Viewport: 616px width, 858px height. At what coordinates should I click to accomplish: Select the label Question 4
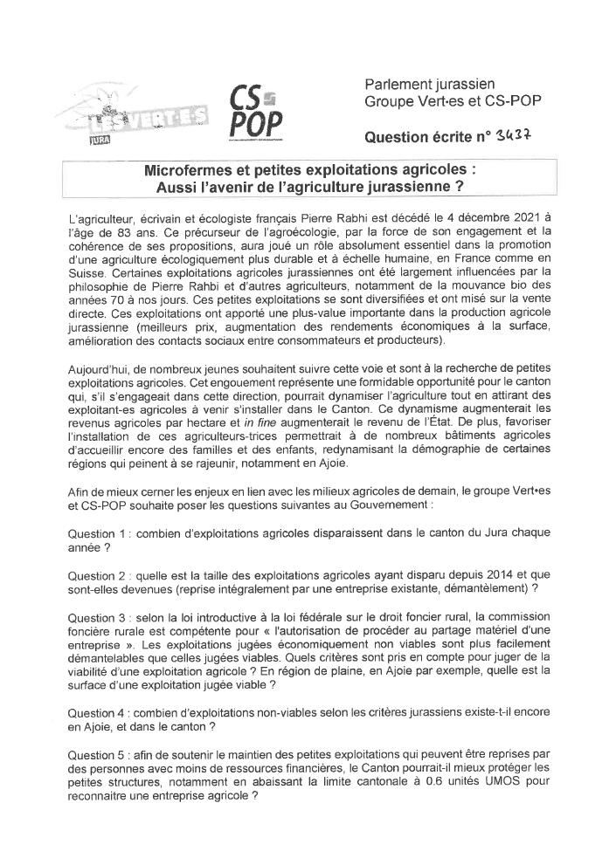[x=99, y=712]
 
